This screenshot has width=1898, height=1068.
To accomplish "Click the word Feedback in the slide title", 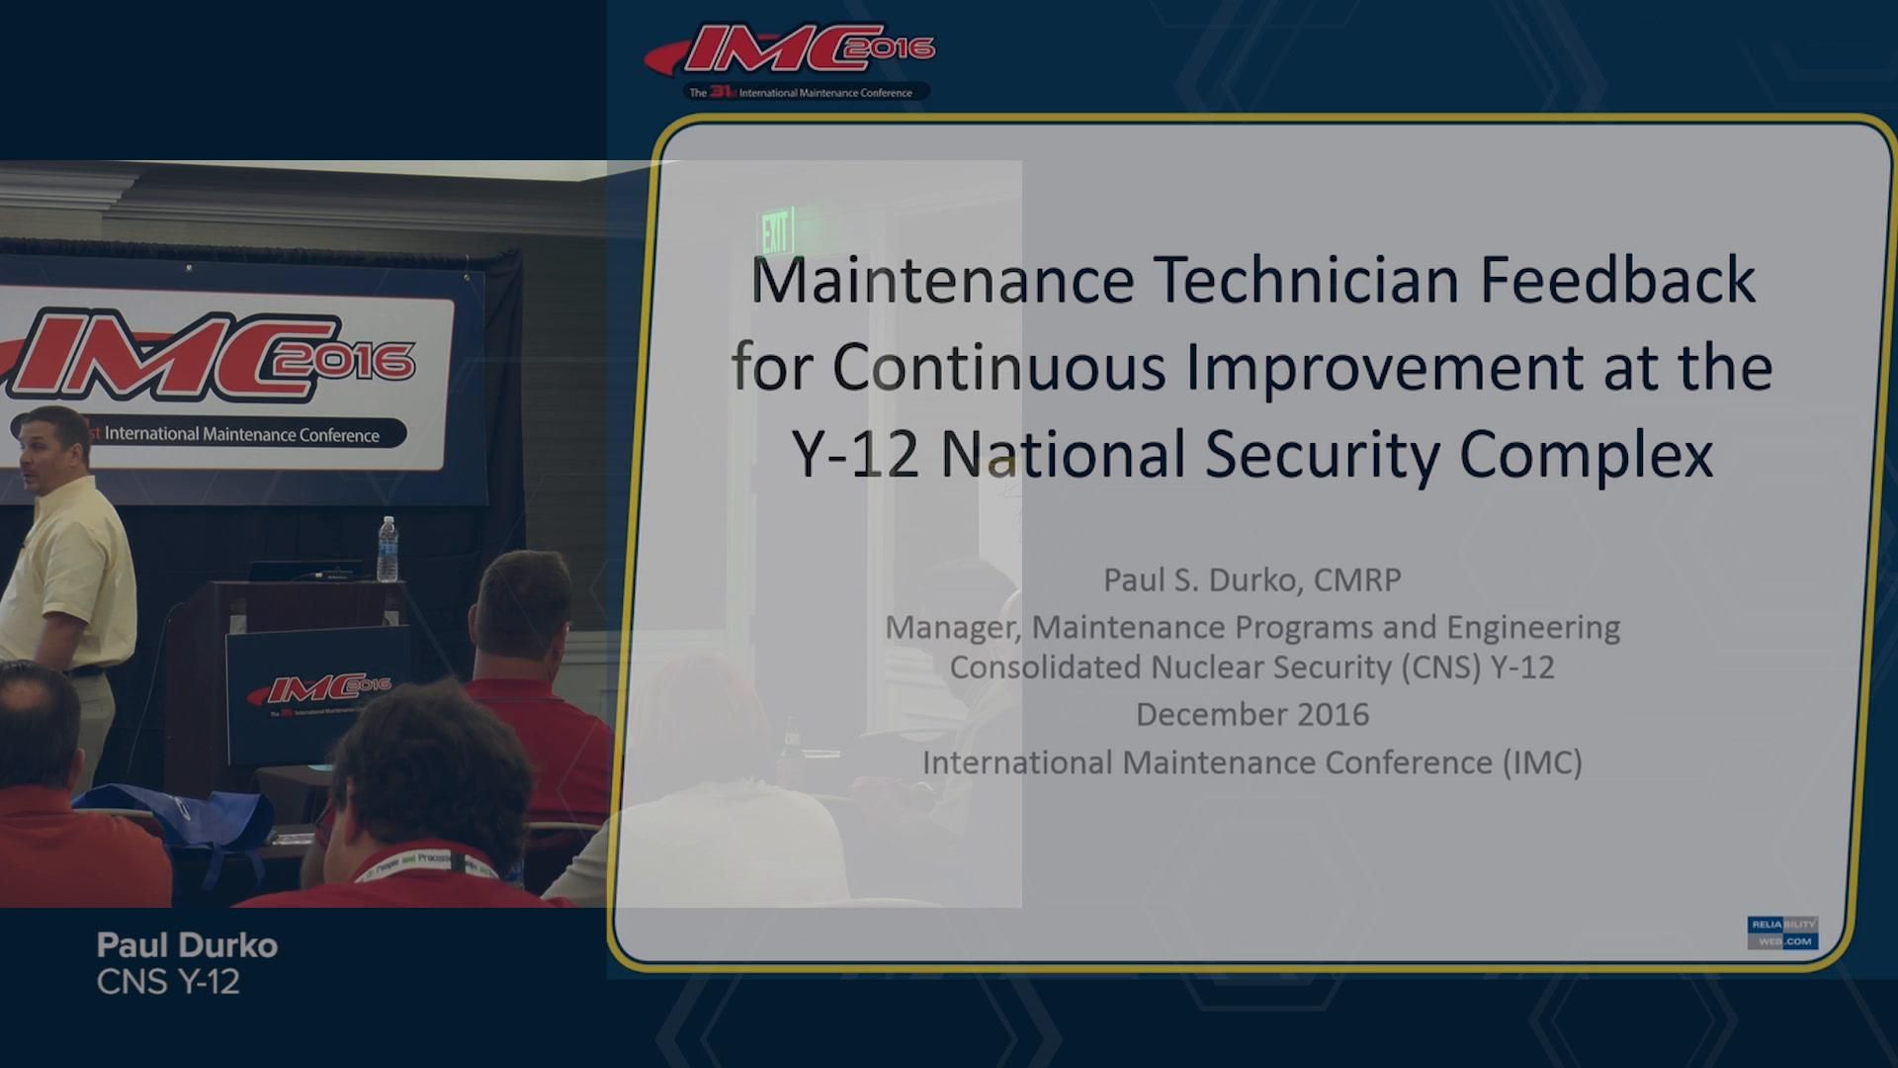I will pos(1617,281).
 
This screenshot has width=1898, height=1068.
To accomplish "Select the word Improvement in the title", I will pos(1384,368).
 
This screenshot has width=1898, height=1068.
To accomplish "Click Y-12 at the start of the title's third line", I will pos(855,455).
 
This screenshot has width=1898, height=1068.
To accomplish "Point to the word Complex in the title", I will pos(1586,455).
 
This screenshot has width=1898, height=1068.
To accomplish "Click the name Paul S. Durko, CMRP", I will pos(1251,580).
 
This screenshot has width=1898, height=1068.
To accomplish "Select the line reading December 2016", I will pos(1251,715).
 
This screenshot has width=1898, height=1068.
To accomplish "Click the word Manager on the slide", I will pos(952,628).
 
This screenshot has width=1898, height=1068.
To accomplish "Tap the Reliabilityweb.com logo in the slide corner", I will pos(1781,933).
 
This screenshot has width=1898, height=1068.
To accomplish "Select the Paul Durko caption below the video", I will pos(187,945).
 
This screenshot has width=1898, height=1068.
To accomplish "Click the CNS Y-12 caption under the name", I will pos(168,983).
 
